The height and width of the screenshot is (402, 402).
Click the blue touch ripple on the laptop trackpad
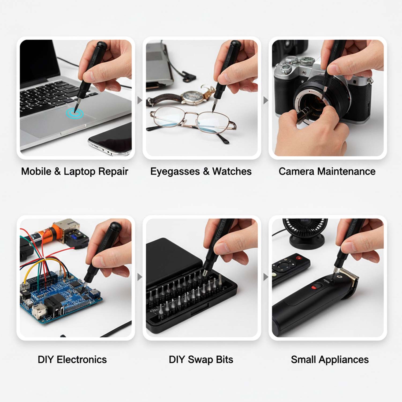click(75, 113)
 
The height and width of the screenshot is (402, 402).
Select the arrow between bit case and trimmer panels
click(265, 277)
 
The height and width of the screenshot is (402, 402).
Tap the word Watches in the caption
click(232, 172)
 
